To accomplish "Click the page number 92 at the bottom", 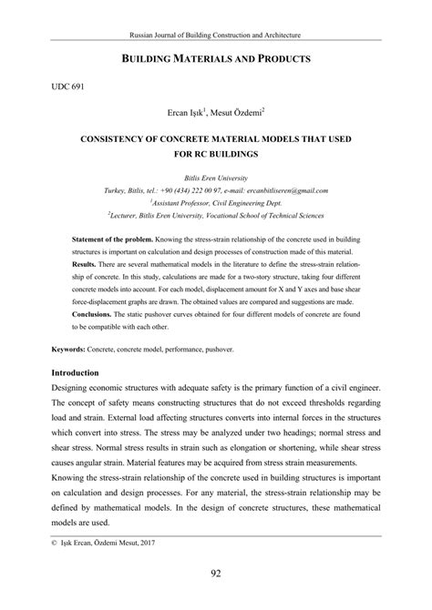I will pos(216,575).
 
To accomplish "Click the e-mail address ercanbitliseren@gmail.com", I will pos(283,190).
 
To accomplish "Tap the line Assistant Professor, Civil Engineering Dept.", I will pos(216,203).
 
